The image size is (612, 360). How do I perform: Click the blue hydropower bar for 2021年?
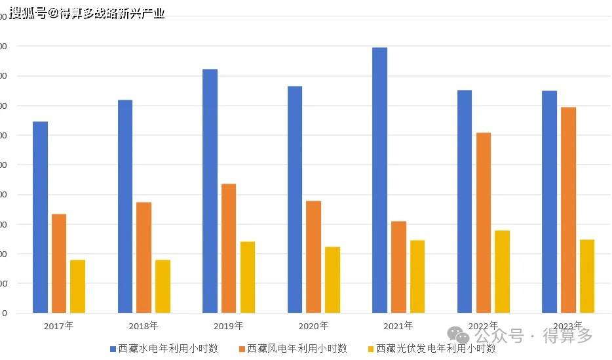[x=379, y=180]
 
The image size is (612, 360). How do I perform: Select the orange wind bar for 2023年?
[x=568, y=210]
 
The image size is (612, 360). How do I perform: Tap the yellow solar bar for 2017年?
[x=77, y=287]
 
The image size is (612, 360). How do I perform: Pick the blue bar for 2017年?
[x=40, y=217]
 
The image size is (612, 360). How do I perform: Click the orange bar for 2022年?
[x=484, y=223]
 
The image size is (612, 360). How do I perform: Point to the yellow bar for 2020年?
[x=332, y=280]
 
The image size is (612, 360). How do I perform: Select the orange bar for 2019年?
[x=229, y=249]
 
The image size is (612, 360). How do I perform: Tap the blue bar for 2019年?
[x=210, y=191]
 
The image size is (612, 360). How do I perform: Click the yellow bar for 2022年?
[x=502, y=271]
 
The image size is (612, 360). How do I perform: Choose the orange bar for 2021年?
[x=398, y=267]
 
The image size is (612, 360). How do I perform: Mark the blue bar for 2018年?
[x=125, y=207]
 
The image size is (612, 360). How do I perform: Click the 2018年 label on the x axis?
[x=143, y=326]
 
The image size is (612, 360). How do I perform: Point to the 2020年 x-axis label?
[x=313, y=326]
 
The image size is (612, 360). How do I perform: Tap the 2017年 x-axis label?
[x=59, y=326]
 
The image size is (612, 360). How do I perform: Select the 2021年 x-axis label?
[x=398, y=326]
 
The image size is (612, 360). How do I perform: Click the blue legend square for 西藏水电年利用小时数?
[x=113, y=349]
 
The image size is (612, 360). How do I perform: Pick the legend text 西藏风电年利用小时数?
[x=297, y=349]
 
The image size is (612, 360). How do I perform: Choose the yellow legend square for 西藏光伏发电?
[x=371, y=349]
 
